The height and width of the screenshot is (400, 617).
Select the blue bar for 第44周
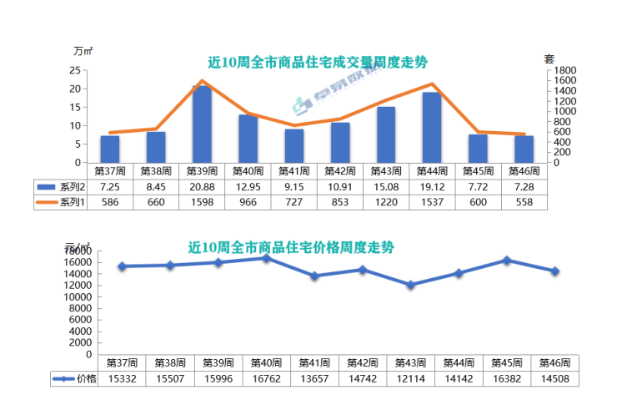(x=432, y=128)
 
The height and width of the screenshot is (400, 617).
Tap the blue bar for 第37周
(x=110, y=149)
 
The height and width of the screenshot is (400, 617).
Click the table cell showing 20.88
(x=202, y=186)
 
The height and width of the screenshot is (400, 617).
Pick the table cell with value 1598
(x=202, y=201)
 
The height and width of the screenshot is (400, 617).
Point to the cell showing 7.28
(x=524, y=186)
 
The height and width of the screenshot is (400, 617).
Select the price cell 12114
(x=409, y=378)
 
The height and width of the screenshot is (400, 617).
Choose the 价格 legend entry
(x=74, y=378)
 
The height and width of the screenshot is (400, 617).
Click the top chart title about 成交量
(x=318, y=63)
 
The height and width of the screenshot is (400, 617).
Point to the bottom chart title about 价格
(x=291, y=247)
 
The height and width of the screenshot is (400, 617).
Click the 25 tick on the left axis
(x=75, y=70)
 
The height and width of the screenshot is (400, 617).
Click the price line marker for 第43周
(x=409, y=285)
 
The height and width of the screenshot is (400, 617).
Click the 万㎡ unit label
(x=82, y=50)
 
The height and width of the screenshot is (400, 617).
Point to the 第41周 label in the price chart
(x=314, y=362)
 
